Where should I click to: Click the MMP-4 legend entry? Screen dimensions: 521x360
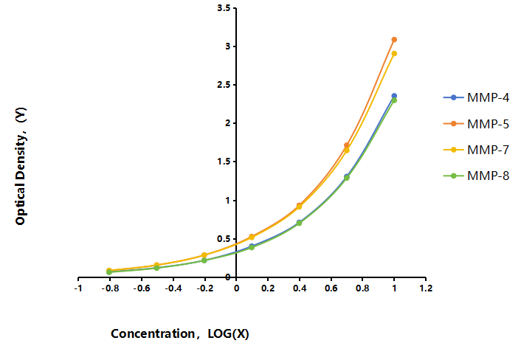click(x=476, y=97)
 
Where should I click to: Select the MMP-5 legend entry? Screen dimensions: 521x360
click(x=476, y=124)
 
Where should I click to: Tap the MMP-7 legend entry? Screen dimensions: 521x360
click(x=476, y=150)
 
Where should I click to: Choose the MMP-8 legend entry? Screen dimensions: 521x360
click(x=476, y=176)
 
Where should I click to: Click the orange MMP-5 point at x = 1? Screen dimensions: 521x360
click(x=394, y=40)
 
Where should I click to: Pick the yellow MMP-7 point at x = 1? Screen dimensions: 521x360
click(x=394, y=53)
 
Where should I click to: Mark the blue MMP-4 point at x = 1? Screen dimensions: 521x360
click(x=394, y=96)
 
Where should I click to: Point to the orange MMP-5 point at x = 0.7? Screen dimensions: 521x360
click(x=347, y=145)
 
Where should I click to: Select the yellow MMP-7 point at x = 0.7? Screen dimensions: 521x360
click(x=347, y=150)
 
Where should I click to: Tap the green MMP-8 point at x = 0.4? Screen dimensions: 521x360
click(x=299, y=223)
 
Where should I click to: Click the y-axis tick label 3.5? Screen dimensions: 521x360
click(x=224, y=8)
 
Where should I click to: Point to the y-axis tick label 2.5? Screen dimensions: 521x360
click(x=224, y=85)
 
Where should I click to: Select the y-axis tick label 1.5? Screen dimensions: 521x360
click(x=224, y=162)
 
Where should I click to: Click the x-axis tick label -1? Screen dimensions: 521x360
click(x=78, y=288)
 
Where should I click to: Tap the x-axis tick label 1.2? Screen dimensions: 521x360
click(x=426, y=288)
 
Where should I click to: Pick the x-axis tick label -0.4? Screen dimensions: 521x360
click(x=173, y=288)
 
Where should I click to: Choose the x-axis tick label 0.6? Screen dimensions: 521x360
click(x=331, y=288)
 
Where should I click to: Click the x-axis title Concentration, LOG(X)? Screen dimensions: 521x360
click(x=180, y=333)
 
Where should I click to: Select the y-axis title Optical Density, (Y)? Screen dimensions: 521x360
click(x=21, y=166)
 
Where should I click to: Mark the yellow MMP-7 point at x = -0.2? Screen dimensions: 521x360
click(x=204, y=255)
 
